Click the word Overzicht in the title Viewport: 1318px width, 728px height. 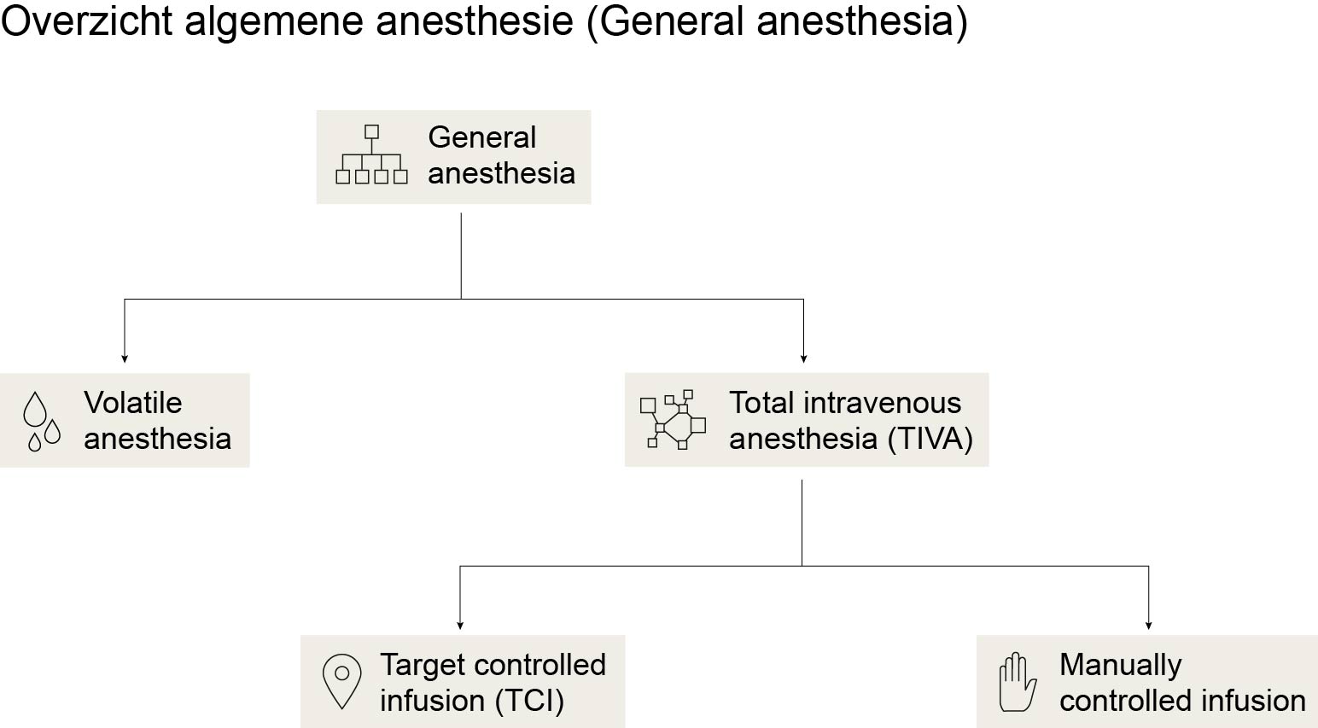(x=87, y=21)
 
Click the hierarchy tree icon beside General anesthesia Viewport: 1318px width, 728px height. (x=371, y=154)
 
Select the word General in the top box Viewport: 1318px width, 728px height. (x=482, y=137)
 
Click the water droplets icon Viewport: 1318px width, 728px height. (x=42, y=422)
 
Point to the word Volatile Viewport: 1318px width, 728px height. (x=133, y=403)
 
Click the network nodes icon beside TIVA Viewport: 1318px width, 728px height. (x=674, y=419)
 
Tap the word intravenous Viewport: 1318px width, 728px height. (x=883, y=403)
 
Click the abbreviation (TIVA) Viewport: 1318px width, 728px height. (x=930, y=440)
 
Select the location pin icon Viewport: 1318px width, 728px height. (x=341, y=681)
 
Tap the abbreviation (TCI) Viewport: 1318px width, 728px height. (x=529, y=701)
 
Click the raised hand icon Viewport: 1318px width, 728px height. (x=1018, y=682)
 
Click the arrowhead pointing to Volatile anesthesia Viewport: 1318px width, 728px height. (x=124, y=358)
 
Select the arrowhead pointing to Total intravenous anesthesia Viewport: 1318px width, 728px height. (x=804, y=358)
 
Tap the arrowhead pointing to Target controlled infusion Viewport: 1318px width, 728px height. (x=460, y=626)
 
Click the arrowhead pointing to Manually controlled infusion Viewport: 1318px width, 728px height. (x=1148, y=626)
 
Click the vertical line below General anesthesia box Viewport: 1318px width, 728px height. (x=461, y=256)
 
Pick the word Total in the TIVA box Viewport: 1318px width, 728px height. (x=762, y=403)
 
